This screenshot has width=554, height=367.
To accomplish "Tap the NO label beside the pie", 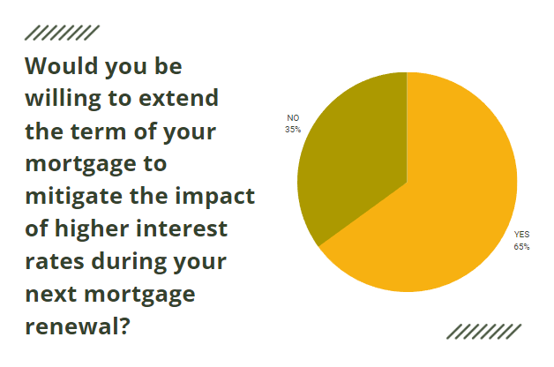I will point(294,117).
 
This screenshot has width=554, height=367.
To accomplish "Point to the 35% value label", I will point(294,129).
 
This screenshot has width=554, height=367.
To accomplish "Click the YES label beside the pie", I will point(521,235).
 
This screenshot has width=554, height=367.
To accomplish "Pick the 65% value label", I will point(521,246).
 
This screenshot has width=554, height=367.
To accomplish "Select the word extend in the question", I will point(181,99).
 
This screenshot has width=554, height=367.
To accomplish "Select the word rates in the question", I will point(54,261).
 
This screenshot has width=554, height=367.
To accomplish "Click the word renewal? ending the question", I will point(79,326).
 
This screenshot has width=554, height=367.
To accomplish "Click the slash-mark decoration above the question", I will point(62,34).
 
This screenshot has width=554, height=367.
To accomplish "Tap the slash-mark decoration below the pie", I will point(483,330).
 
